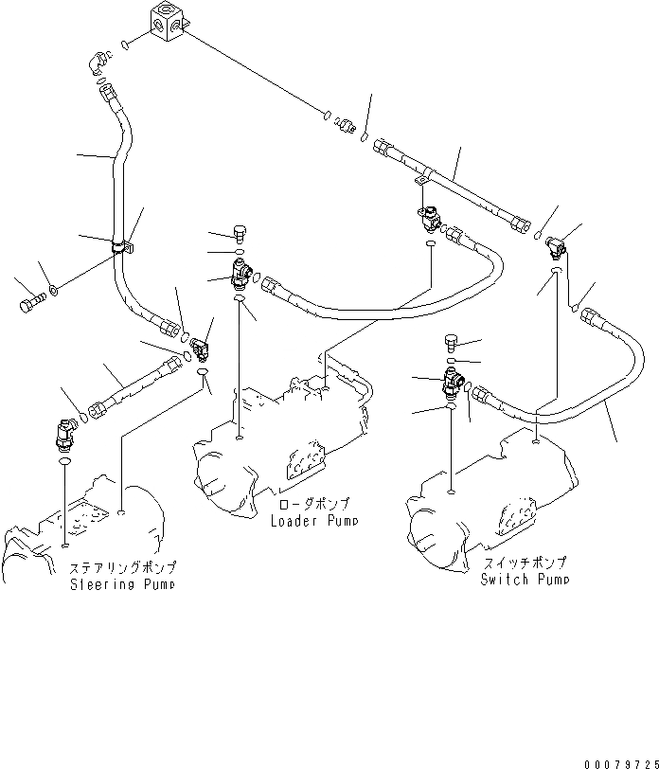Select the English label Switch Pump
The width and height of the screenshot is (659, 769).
pos(525,579)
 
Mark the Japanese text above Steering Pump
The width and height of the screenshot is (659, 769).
pos(123,569)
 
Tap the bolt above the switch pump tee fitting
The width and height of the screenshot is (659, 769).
pos(452,342)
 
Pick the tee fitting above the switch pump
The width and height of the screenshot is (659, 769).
pos(453,383)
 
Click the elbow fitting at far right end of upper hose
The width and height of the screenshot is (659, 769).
pos(559,246)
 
